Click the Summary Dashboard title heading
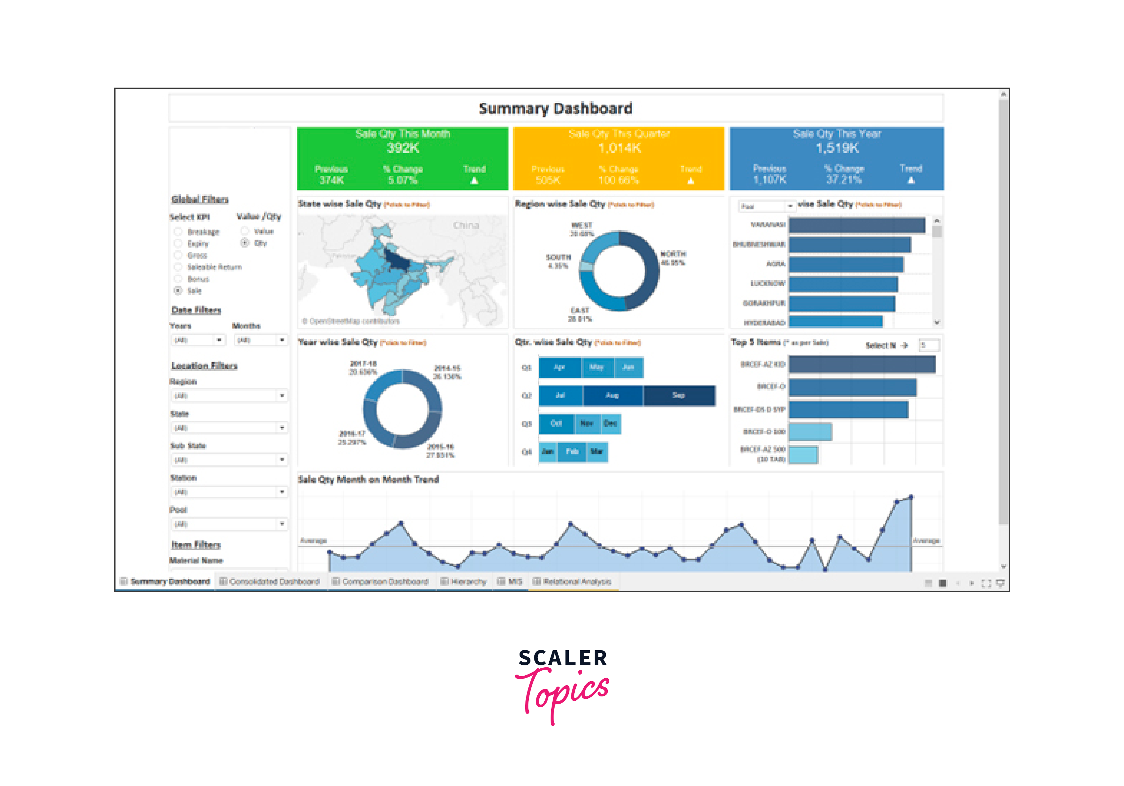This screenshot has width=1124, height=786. (x=555, y=108)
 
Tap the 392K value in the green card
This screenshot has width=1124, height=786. (x=403, y=148)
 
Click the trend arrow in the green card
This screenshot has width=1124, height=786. (x=474, y=181)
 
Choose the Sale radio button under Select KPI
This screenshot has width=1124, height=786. (x=178, y=291)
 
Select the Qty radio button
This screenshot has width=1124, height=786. (x=245, y=243)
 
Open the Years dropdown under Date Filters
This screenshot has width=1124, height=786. (x=198, y=340)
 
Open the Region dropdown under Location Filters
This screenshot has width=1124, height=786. (x=228, y=395)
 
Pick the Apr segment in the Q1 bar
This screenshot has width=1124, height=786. (x=560, y=367)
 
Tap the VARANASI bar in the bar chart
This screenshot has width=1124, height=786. (x=857, y=225)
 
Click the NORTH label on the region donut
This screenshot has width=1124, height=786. (x=673, y=254)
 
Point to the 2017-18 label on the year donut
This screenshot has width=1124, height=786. (x=363, y=363)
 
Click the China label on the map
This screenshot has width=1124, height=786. (x=466, y=225)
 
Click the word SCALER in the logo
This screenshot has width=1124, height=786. (x=563, y=658)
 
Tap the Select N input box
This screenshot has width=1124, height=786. (x=929, y=345)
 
